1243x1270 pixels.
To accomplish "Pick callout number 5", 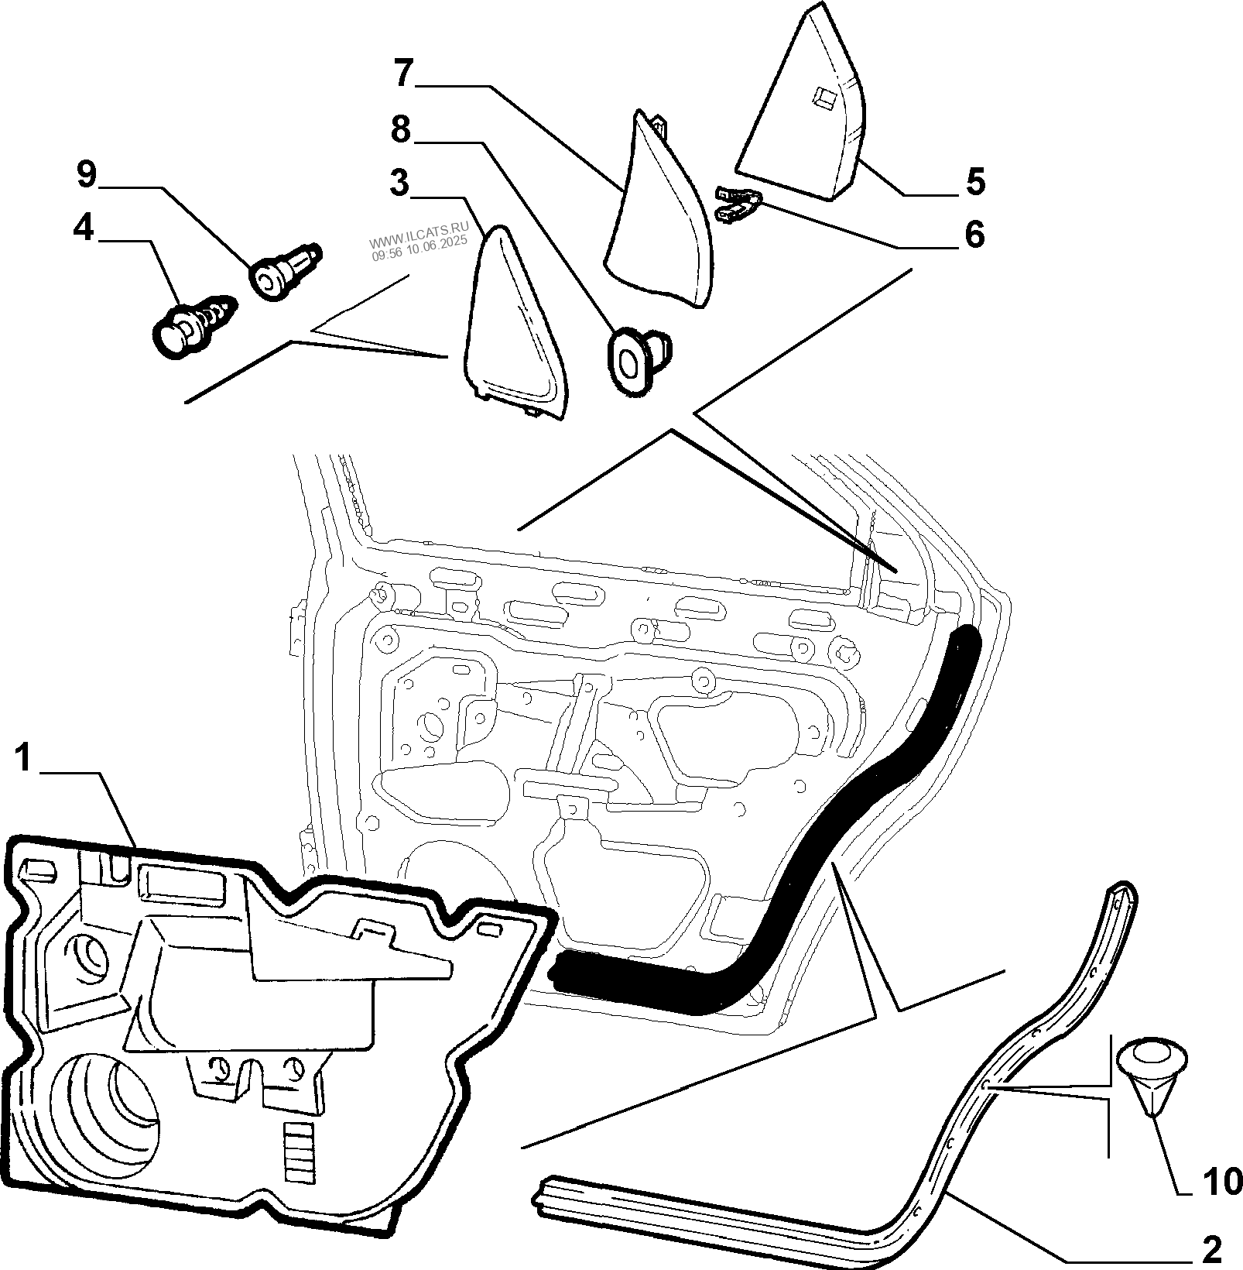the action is [x=975, y=181].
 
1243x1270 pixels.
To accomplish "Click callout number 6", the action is [x=974, y=235].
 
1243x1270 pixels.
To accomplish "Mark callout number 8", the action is [x=400, y=129].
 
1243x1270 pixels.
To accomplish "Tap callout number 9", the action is [x=86, y=175].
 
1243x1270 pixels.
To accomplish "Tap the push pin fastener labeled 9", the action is [x=284, y=269].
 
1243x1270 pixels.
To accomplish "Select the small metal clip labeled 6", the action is [x=739, y=204].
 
